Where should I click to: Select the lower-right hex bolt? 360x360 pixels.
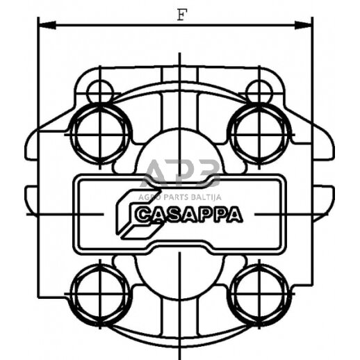pyautogui.click(x=259, y=289)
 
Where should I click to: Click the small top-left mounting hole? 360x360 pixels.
pyautogui.click(x=101, y=90)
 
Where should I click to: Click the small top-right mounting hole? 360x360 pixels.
pyautogui.click(x=259, y=90)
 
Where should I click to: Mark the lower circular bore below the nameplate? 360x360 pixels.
pyautogui.click(x=180, y=271)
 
